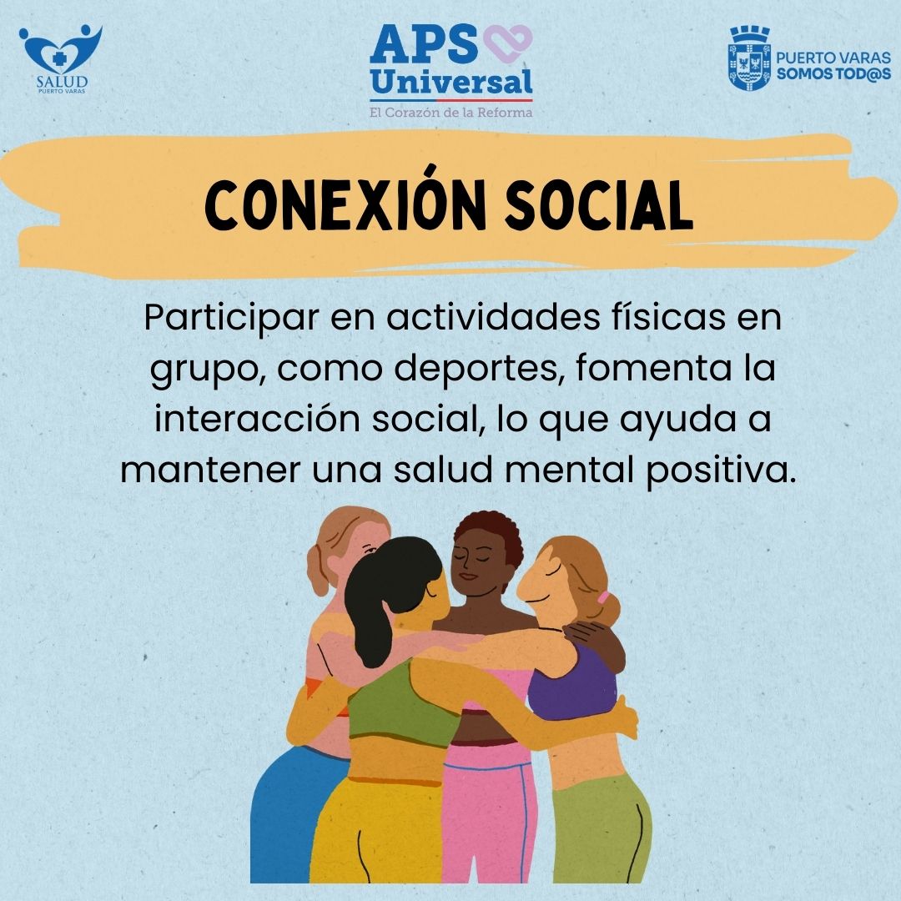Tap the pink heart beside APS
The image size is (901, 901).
pos(508,43)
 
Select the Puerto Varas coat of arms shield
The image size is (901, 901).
pos(749,58)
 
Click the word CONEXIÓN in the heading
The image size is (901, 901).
pos(345,205)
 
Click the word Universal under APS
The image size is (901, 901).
pos(451,82)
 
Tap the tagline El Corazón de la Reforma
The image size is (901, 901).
pos(451,112)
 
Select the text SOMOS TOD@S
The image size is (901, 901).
pos(833,73)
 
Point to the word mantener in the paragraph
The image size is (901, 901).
pos(210,470)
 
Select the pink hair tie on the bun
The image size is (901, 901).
pos(603,597)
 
